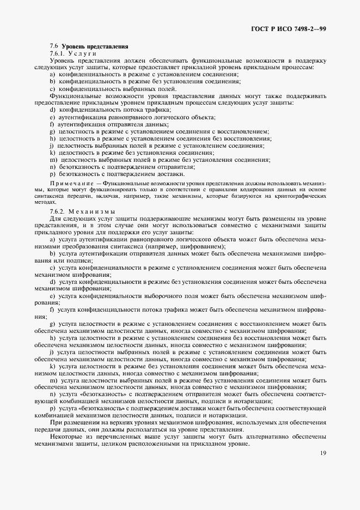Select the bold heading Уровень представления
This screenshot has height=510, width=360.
click(95, 47)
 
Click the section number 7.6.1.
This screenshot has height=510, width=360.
click(57, 53)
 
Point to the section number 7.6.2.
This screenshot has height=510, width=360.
click(57, 211)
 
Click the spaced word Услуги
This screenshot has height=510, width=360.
click(82, 53)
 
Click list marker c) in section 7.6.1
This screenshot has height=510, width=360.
click(53, 88)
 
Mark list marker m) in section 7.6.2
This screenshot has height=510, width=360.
click(53, 380)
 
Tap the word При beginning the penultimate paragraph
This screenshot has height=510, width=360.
click(55, 422)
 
